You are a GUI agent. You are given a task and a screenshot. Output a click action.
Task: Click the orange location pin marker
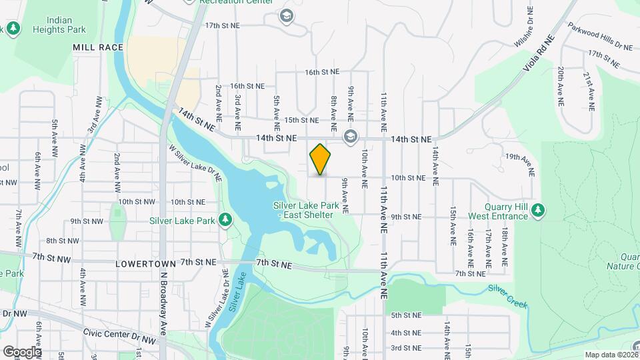(x=320, y=159)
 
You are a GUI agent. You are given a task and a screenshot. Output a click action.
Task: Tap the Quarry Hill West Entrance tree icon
(x=539, y=211)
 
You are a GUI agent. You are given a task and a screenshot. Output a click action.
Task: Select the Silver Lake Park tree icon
(x=225, y=219)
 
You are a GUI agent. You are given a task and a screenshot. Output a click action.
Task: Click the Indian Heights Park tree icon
(x=13, y=28)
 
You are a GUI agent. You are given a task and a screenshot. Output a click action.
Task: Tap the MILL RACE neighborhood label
(x=98, y=47)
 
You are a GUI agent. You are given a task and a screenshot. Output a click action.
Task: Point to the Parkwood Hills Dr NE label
(x=600, y=37)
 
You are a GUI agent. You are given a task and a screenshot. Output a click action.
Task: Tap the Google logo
(x=21, y=351)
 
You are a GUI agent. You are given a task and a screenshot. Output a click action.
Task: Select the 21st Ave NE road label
(x=590, y=91)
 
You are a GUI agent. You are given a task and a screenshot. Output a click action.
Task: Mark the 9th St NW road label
(x=86, y=221)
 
